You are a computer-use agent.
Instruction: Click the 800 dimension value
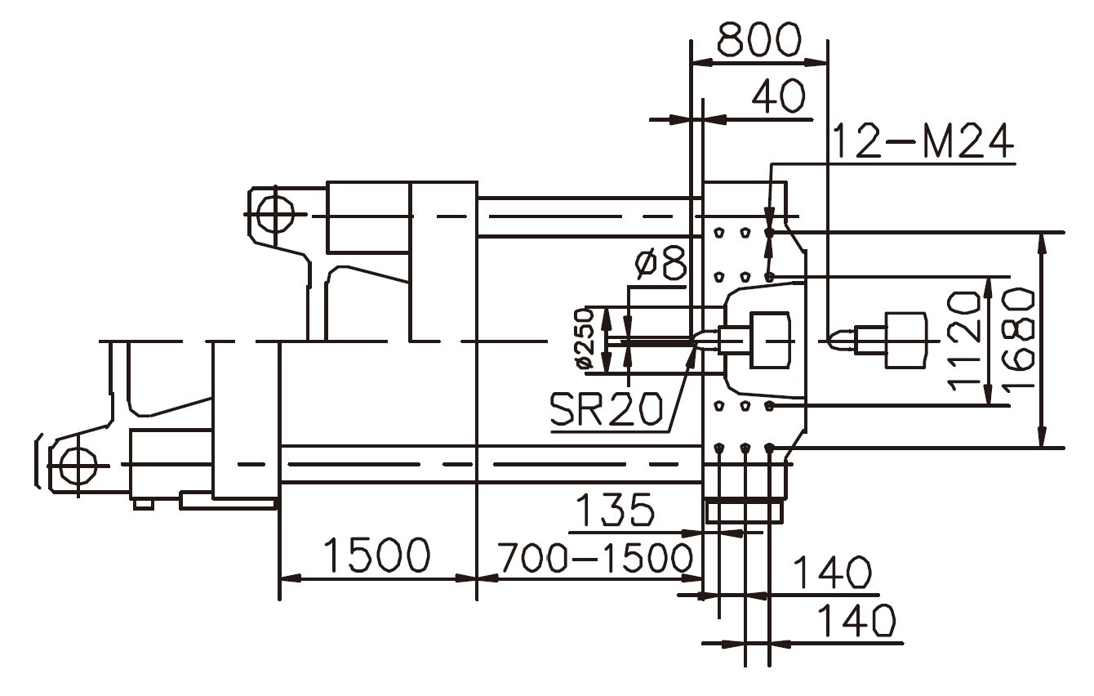758,38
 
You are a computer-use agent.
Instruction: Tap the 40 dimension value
778,96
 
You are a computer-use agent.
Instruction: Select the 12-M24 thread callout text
922,143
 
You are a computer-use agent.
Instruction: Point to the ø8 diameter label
660,264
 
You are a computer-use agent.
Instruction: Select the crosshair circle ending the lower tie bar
77,466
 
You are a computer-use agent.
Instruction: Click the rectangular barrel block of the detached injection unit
905,339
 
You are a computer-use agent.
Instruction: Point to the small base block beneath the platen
745,511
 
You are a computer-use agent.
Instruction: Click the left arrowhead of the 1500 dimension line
288,578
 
